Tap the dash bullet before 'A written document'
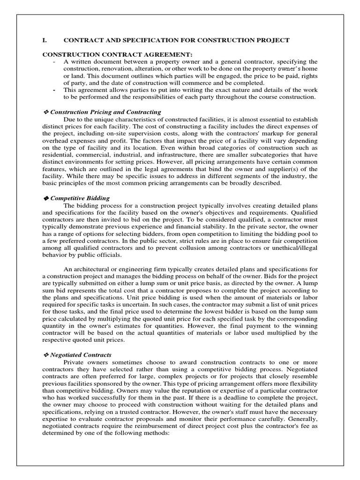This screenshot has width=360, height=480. [55, 62]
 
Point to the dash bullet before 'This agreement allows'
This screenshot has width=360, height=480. [55, 90]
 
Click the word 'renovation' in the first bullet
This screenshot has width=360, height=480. [115, 69]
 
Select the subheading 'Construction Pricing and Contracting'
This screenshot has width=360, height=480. [105, 112]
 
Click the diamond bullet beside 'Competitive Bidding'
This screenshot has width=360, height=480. [46, 198]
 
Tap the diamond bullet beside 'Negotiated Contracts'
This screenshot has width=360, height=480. [46, 355]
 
